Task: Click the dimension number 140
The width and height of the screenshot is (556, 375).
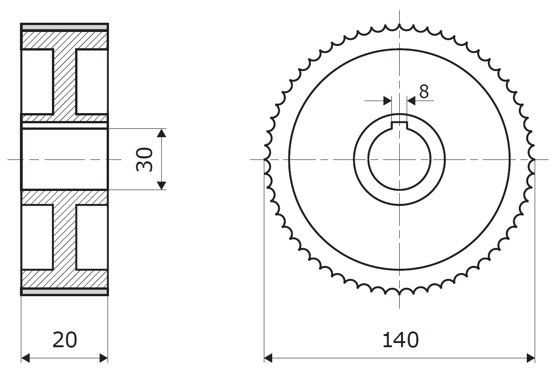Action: [400, 340]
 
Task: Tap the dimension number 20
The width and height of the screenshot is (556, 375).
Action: [64, 340]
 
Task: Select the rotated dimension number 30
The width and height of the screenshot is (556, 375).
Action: [145, 159]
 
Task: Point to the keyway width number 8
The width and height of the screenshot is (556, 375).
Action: [424, 92]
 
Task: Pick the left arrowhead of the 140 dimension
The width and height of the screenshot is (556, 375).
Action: [268, 358]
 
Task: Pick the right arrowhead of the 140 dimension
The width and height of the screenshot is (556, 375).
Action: [531, 358]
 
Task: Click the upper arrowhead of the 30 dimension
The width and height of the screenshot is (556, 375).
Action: [161, 133]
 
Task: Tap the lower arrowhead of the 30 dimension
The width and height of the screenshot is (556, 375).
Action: [161, 185]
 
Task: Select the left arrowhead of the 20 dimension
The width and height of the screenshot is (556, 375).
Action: [26, 358]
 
